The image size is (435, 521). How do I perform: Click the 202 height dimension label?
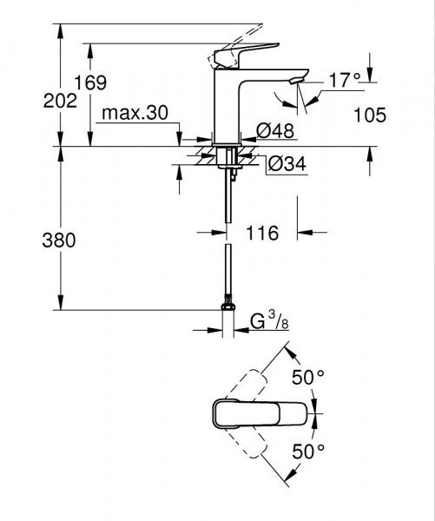pyautogui.click(x=23, y=100)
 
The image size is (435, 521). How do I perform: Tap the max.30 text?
pyautogui.click(x=134, y=113)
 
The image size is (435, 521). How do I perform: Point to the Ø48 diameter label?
pyautogui.click(x=274, y=130)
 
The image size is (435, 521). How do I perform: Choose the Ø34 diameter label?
pyautogui.click(x=286, y=162)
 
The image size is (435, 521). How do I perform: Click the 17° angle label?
pyautogui.click(x=345, y=80)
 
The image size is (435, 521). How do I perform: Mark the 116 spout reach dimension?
pyautogui.click(x=262, y=233)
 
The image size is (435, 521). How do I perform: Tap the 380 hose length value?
pyautogui.click(x=23, y=241)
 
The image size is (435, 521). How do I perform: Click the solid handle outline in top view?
pyautogui.click(x=260, y=414)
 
